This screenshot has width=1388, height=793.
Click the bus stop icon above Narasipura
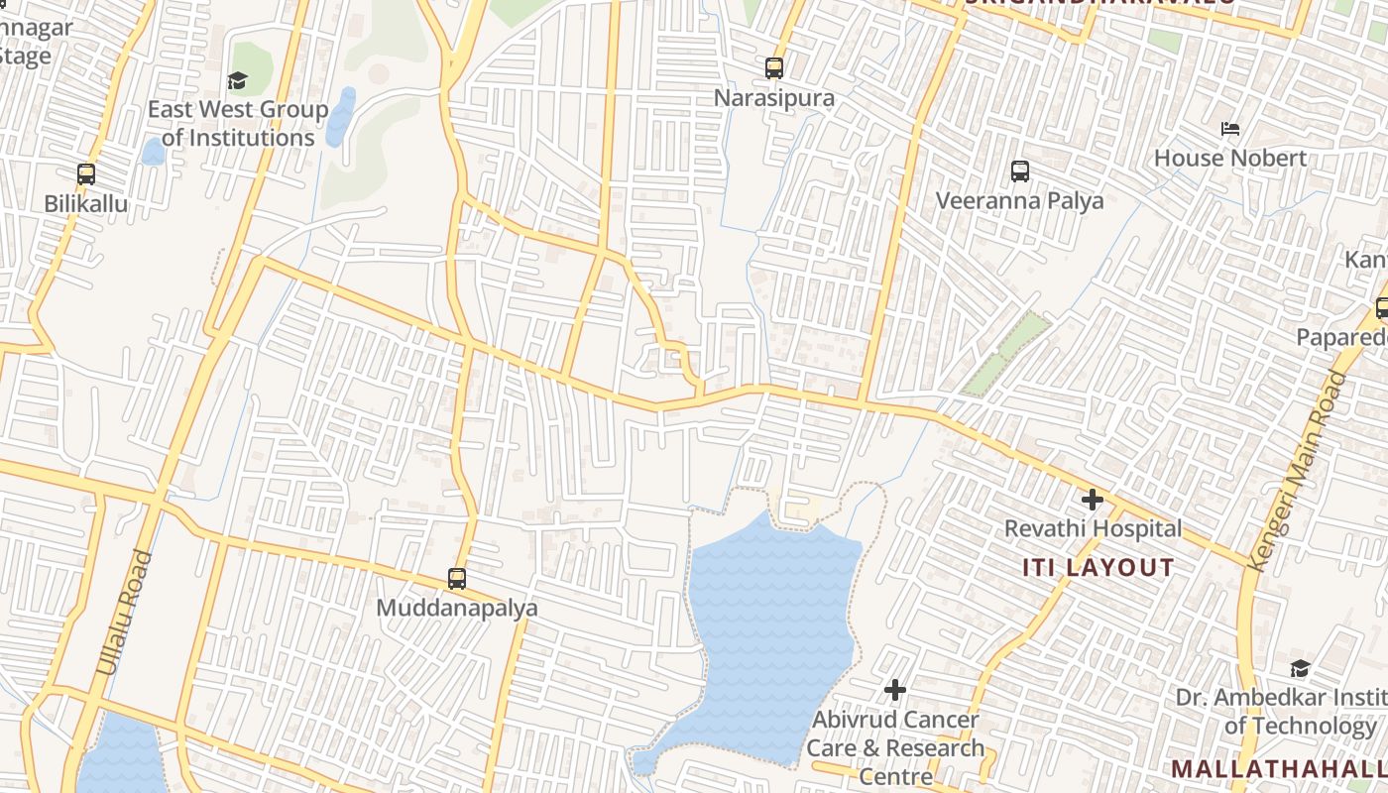point(774,68)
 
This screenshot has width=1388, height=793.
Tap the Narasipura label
point(774,99)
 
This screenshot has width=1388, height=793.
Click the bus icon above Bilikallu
point(86,174)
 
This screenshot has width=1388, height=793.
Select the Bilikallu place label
point(86,204)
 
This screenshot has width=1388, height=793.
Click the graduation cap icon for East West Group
point(237,80)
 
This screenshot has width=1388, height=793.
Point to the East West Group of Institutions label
point(238,124)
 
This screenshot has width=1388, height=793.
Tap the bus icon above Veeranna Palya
point(1020,171)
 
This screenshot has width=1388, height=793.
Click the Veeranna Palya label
point(1020,201)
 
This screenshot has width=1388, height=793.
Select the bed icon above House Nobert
point(1230,129)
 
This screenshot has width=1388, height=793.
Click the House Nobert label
point(1230,159)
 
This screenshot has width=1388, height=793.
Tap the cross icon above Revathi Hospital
point(1093,500)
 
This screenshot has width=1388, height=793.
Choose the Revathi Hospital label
point(1094,529)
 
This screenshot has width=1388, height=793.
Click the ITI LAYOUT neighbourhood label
point(1099,568)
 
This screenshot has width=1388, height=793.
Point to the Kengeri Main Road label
point(1297,471)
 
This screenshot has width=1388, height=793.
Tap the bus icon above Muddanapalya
point(457,578)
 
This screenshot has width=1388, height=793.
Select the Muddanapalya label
point(457,608)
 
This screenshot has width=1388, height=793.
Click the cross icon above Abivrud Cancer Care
point(895,690)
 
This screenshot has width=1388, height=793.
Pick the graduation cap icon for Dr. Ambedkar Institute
point(1300,668)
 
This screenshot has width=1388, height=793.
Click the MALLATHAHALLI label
point(1279,769)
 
